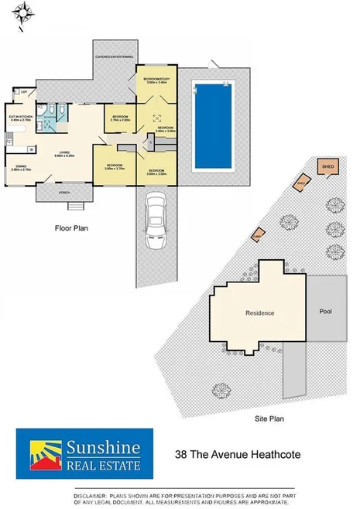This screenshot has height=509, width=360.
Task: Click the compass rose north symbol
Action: pyautogui.click(x=26, y=12)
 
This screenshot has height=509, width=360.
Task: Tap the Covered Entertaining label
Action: pyautogui.click(x=114, y=57)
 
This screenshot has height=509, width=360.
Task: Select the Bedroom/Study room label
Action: pyautogui.click(x=153, y=80)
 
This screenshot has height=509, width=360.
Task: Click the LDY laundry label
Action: pyautogui.click(x=25, y=92)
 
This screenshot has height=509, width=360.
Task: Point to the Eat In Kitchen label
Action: pyautogui.click(x=19, y=118)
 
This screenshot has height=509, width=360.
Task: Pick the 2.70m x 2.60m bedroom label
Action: pyautogui.click(x=120, y=119)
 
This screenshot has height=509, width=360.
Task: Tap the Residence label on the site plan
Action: pyautogui.click(x=259, y=313)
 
